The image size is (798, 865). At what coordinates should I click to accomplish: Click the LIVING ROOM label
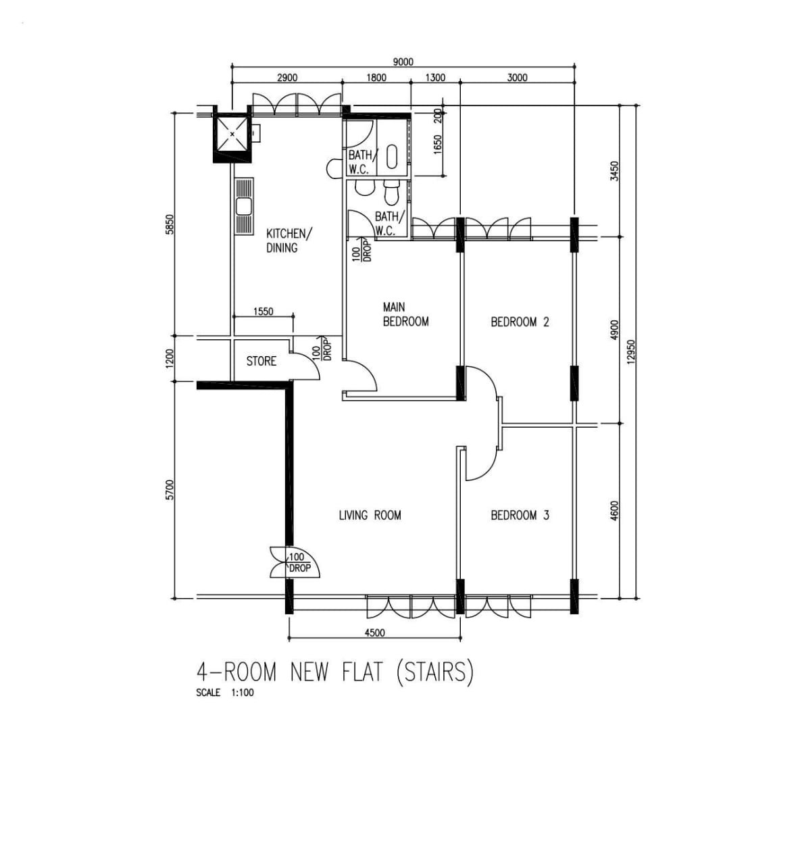[370, 515]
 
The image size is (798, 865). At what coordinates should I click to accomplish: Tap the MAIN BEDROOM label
[405, 314]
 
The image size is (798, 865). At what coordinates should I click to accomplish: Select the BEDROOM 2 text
[520, 322]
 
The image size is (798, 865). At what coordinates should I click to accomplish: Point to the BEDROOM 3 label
[520, 515]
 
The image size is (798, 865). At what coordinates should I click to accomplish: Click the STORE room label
[261, 361]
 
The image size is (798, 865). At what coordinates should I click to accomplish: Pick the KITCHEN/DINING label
[289, 241]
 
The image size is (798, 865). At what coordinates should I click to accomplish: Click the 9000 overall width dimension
[403, 62]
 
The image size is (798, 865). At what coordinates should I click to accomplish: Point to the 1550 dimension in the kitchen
[263, 312]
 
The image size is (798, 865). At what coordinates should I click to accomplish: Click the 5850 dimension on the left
[170, 224]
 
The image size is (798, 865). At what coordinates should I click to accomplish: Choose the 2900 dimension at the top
[287, 78]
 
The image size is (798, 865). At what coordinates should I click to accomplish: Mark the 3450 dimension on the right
[614, 171]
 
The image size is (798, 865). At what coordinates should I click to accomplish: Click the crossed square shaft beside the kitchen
[232, 134]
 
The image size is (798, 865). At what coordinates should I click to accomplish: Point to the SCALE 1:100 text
[225, 693]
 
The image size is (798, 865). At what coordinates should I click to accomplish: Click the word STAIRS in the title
[434, 671]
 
